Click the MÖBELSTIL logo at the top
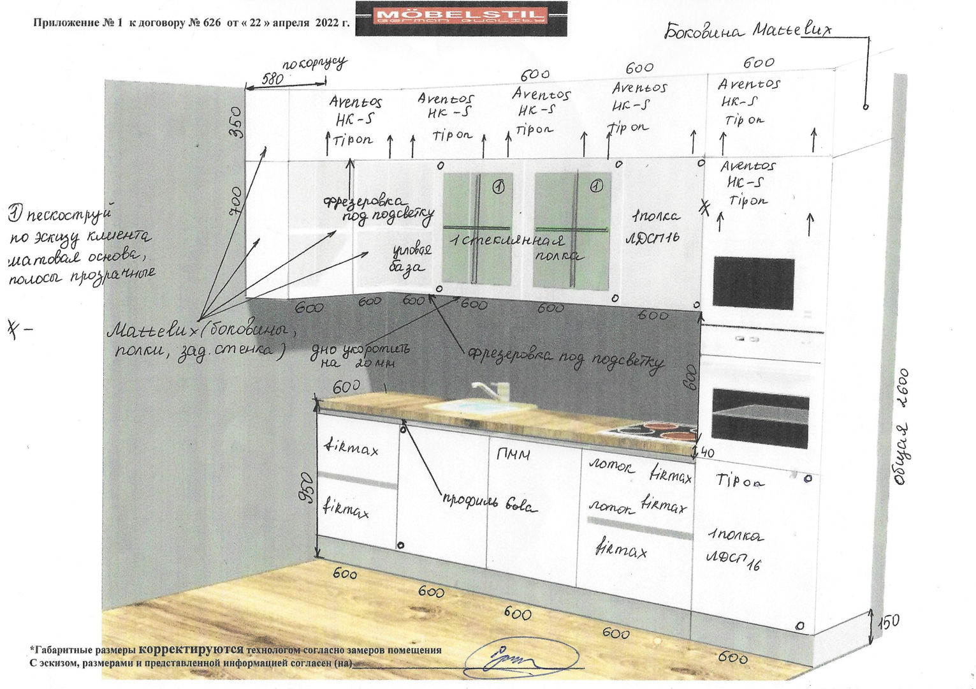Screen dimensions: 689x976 point(461,17)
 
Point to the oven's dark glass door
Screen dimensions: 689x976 point(759,419)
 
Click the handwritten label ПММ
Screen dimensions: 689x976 point(513,455)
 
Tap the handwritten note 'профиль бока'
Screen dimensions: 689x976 point(490,503)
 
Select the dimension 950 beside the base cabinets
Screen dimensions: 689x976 point(307,488)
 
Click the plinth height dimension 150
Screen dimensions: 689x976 point(888,621)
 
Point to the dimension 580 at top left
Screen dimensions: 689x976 point(272,80)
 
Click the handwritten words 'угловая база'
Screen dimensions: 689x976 point(411,258)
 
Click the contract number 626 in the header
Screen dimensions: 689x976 point(211,23)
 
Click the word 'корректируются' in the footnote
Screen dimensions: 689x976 point(191,649)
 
